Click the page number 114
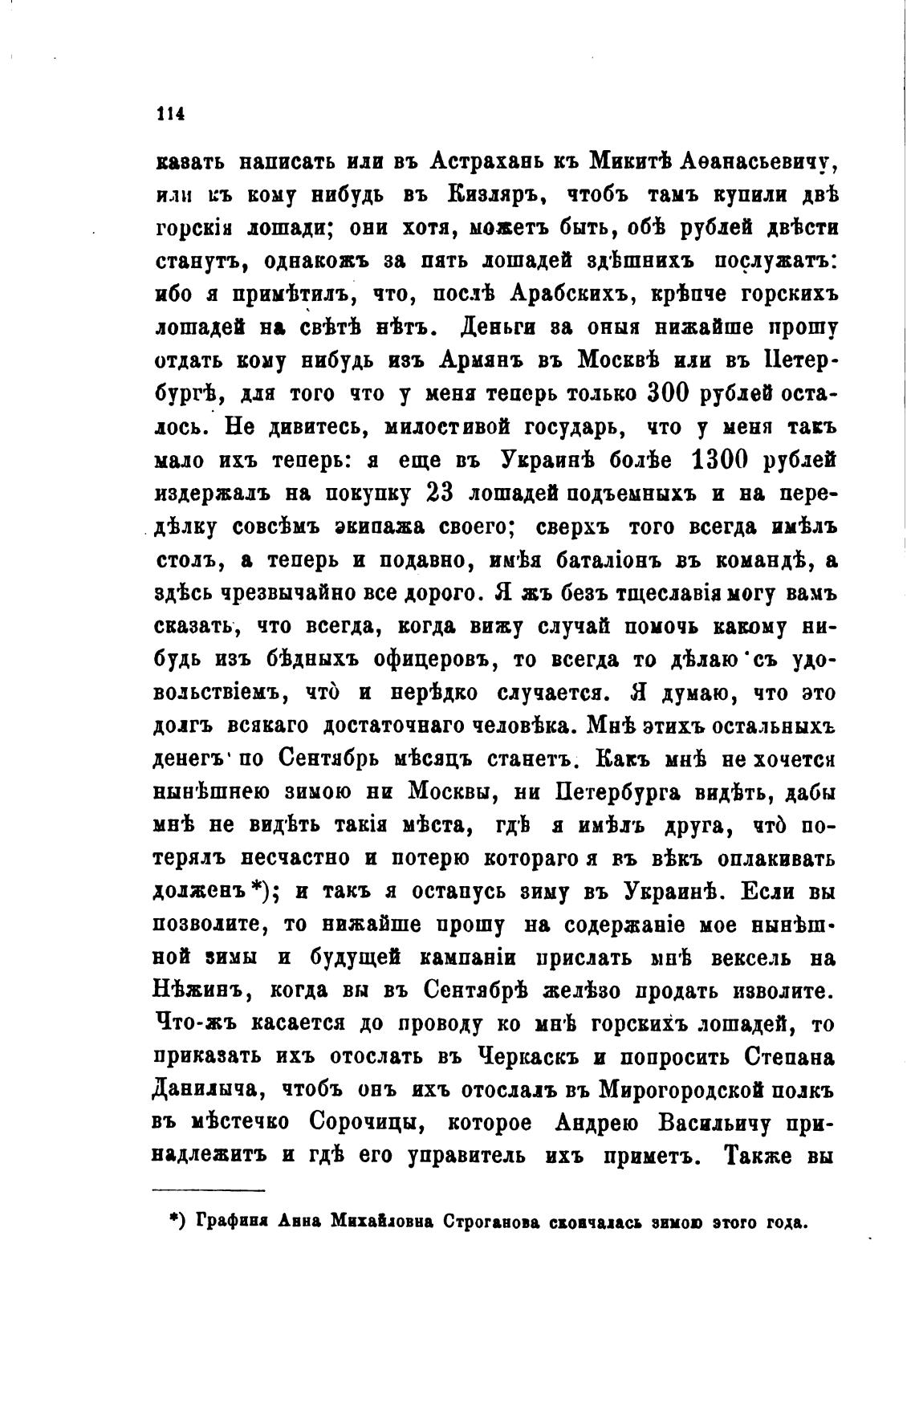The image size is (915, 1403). [170, 114]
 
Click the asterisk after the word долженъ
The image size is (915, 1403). [259, 890]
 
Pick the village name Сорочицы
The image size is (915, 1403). [372, 1123]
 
